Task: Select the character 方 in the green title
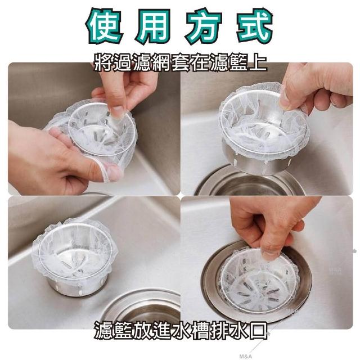tap(202, 26)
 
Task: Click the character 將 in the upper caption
tap(103, 61)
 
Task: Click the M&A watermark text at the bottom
tap(245, 356)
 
